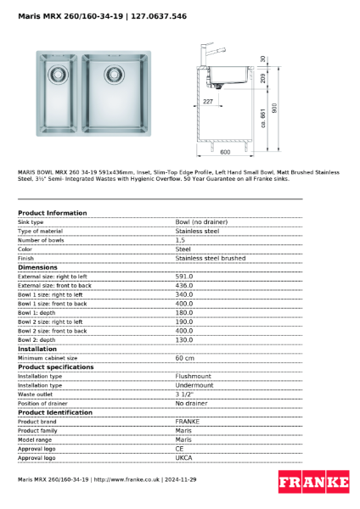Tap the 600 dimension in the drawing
[x=225, y=153]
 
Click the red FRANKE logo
[x=314, y=482]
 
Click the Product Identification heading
[x=56, y=412]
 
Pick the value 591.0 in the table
[x=183, y=277]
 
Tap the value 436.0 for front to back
[x=183, y=285]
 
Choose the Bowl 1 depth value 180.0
[x=183, y=312]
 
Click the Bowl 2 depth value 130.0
[x=183, y=339]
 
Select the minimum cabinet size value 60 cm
[x=185, y=358]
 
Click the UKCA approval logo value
[x=183, y=457]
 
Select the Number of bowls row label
[x=42, y=239]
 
